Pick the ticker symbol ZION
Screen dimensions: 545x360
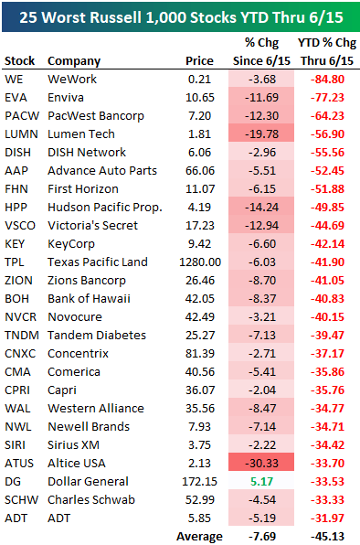point(20,280)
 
